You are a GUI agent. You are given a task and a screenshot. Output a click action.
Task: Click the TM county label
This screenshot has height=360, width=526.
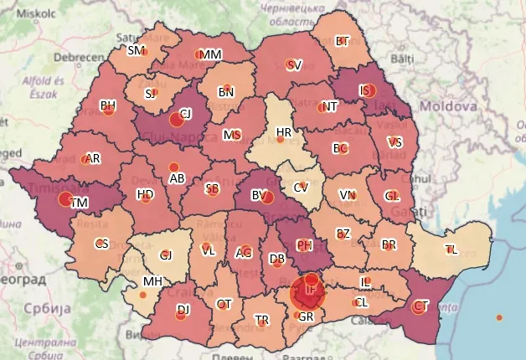[80, 203]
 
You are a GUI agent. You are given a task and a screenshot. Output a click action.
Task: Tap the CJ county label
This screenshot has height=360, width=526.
[185, 113]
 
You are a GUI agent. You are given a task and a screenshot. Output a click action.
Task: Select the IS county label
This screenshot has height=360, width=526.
[364, 90]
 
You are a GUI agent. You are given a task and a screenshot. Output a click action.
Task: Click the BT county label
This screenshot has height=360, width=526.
[342, 41]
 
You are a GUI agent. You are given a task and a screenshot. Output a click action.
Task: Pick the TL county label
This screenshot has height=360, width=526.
[451, 249]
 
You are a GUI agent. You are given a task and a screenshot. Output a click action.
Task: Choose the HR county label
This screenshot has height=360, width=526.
[284, 132]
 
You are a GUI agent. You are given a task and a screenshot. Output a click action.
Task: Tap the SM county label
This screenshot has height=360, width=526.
[136, 50]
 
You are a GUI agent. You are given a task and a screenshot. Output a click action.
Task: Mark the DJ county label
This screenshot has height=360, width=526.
[182, 310]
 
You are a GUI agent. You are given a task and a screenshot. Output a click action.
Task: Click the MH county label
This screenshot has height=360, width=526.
[152, 281]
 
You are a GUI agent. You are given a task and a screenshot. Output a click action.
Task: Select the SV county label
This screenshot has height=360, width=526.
[293, 64]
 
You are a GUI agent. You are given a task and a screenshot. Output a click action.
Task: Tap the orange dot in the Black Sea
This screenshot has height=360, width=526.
[499, 317]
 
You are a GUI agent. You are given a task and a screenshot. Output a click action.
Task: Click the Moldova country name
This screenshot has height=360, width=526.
[448, 107]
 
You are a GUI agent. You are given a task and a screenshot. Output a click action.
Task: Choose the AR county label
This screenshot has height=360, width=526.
[94, 158]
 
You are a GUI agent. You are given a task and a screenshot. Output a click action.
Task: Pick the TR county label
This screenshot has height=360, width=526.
[262, 321]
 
